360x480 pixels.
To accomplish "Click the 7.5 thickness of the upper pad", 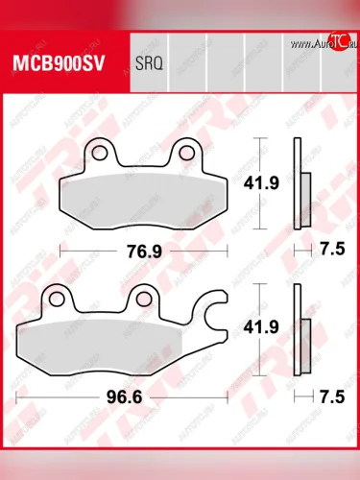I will coord(331,249).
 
